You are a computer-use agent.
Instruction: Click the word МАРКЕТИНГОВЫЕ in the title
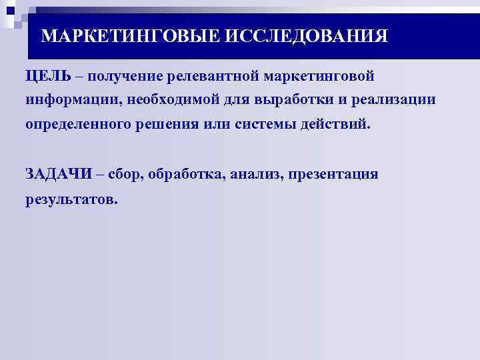coord(129,35)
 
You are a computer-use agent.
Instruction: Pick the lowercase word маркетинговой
coord(321,75)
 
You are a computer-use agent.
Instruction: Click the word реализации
coord(387,100)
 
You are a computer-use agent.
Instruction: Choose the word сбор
coord(125,175)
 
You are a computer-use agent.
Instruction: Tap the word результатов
coord(71,199)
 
